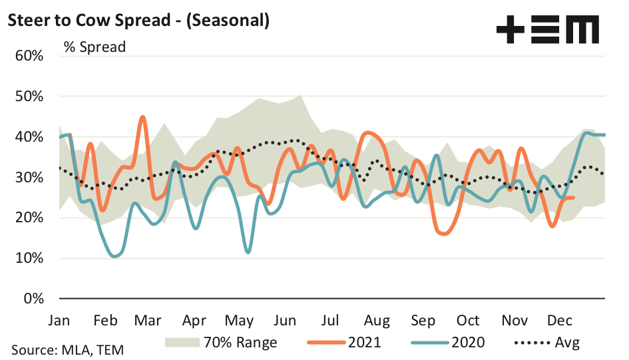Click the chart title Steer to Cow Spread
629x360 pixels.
pos(138,21)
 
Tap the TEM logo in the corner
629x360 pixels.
pos(547,30)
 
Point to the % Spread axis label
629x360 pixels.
pos(95,47)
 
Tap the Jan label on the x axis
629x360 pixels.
pos(59,320)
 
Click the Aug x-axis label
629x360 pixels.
pos(377,320)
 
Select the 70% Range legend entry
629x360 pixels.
pos(220,343)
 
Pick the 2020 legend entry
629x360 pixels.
pos(448,343)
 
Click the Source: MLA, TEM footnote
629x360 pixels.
pos(67,349)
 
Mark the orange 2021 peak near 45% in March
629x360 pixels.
pos(142,117)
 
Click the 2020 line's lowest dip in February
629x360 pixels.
pos(114,256)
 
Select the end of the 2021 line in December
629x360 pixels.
pos(574,198)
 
